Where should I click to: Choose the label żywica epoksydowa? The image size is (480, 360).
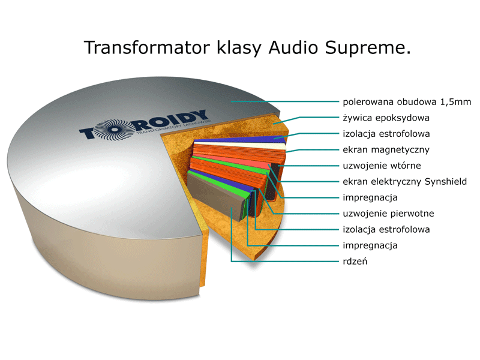click(x=386, y=118)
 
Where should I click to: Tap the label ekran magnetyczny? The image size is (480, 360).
click(x=386, y=149)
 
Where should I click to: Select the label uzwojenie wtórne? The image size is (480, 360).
click(x=382, y=166)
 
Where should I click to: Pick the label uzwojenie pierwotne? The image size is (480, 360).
click(x=388, y=213)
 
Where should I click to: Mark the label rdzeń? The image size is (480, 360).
click(x=355, y=261)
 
